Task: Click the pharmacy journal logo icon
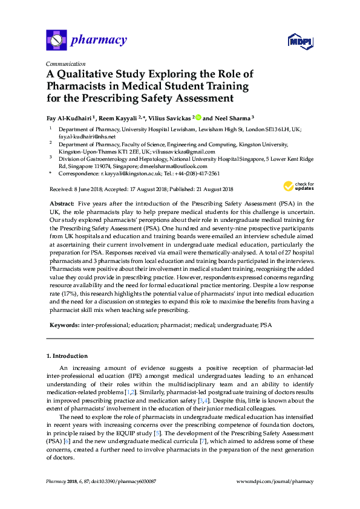[x=56, y=41]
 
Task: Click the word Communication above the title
[x=65, y=63]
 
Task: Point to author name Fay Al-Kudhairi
[x=69, y=117]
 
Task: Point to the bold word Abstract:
[x=62, y=204]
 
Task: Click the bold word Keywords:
[x=64, y=325]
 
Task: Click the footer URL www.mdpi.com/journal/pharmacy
[x=275, y=481]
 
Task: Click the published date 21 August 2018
[x=212, y=189]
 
